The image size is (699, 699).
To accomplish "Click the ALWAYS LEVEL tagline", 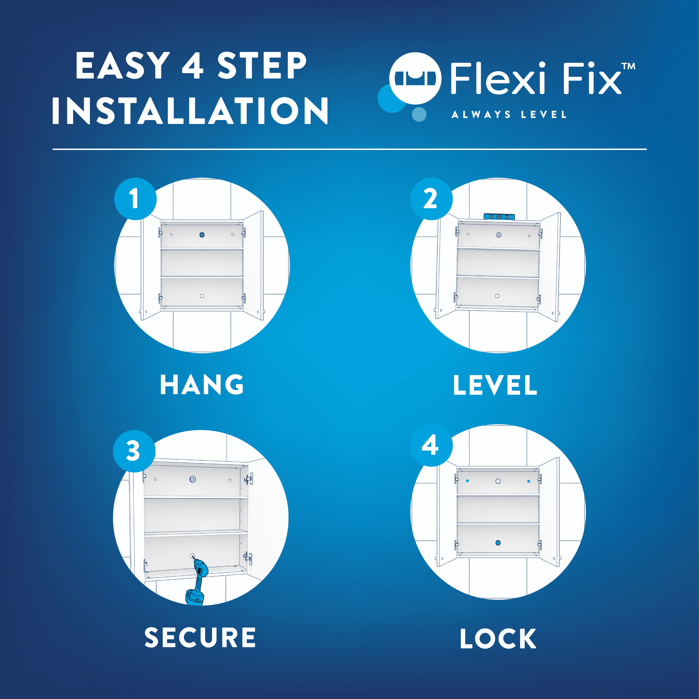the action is [509, 115].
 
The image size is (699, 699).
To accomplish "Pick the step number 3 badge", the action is [134, 451].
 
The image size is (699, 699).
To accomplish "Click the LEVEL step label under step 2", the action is [495, 385].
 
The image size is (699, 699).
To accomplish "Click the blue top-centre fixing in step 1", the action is [202, 235].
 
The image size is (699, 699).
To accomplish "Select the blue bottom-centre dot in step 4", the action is [498, 543].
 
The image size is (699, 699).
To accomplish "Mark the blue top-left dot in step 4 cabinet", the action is [468, 481].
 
